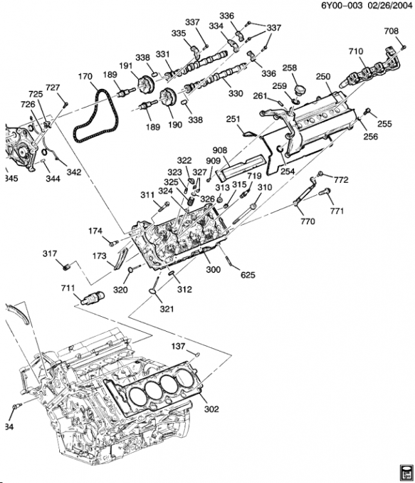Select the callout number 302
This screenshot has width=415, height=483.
click(211, 408)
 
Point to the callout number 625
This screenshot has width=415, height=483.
click(248, 275)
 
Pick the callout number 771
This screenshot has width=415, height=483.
click(337, 211)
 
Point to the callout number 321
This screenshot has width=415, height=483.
click(167, 309)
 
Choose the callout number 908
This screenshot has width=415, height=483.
click(237, 150)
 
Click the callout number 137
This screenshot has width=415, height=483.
click(178, 346)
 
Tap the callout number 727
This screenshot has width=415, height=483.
click(53, 88)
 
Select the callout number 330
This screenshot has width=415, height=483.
click(235, 93)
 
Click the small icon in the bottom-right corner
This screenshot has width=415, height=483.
click(405, 471)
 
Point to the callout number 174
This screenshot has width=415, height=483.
click(95, 231)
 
